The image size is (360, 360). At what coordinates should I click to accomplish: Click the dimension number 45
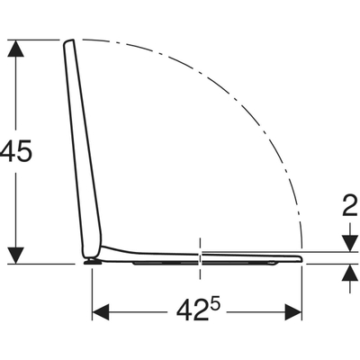click(x=15, y=151)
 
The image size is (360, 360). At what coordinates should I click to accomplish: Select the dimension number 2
click(x=350, y=206)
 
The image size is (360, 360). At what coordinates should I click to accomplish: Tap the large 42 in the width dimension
click(x=191, y=310)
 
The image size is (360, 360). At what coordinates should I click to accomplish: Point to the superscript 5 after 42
click(x=215, y=306)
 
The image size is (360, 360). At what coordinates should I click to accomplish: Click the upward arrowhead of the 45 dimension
click(x=15, y=48)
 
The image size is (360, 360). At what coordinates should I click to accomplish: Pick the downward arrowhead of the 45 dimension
click(x=15, y=256)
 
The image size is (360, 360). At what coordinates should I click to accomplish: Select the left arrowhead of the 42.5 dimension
click(x=101, y=312)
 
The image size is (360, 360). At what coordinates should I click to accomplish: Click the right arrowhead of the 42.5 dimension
click(x=293, y=312)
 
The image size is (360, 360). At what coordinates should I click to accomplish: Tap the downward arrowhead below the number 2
click(x=350, y=243)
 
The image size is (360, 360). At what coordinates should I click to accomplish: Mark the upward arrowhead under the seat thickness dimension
click(x=350, y=273)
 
